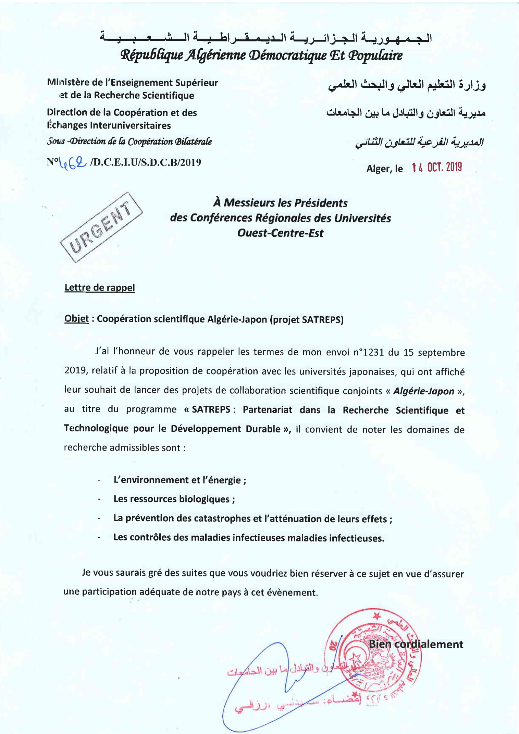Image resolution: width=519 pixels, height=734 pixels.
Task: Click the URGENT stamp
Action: click(101, 227)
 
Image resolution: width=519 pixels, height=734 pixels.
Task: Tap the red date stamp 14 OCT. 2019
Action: click(437, 167)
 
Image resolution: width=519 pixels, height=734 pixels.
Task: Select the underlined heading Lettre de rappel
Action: click(100, 288)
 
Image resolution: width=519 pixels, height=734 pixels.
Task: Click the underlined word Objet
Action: click(76, 319)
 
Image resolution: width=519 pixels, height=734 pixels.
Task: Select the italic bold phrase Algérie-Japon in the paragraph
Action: click(423, 391)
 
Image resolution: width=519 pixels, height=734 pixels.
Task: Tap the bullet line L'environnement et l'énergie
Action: click(180, 480)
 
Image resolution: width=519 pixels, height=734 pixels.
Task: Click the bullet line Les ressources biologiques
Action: click(174, 499)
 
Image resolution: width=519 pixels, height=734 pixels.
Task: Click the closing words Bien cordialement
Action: click(416, 645)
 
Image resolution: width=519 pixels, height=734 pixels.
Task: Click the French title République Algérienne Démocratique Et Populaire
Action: click(261, 56)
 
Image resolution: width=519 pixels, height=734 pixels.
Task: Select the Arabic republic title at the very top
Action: click(265, 37)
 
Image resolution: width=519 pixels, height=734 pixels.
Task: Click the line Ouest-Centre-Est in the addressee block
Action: click(280, 233)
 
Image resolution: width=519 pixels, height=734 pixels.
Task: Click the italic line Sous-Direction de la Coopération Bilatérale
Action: click(129, 142)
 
